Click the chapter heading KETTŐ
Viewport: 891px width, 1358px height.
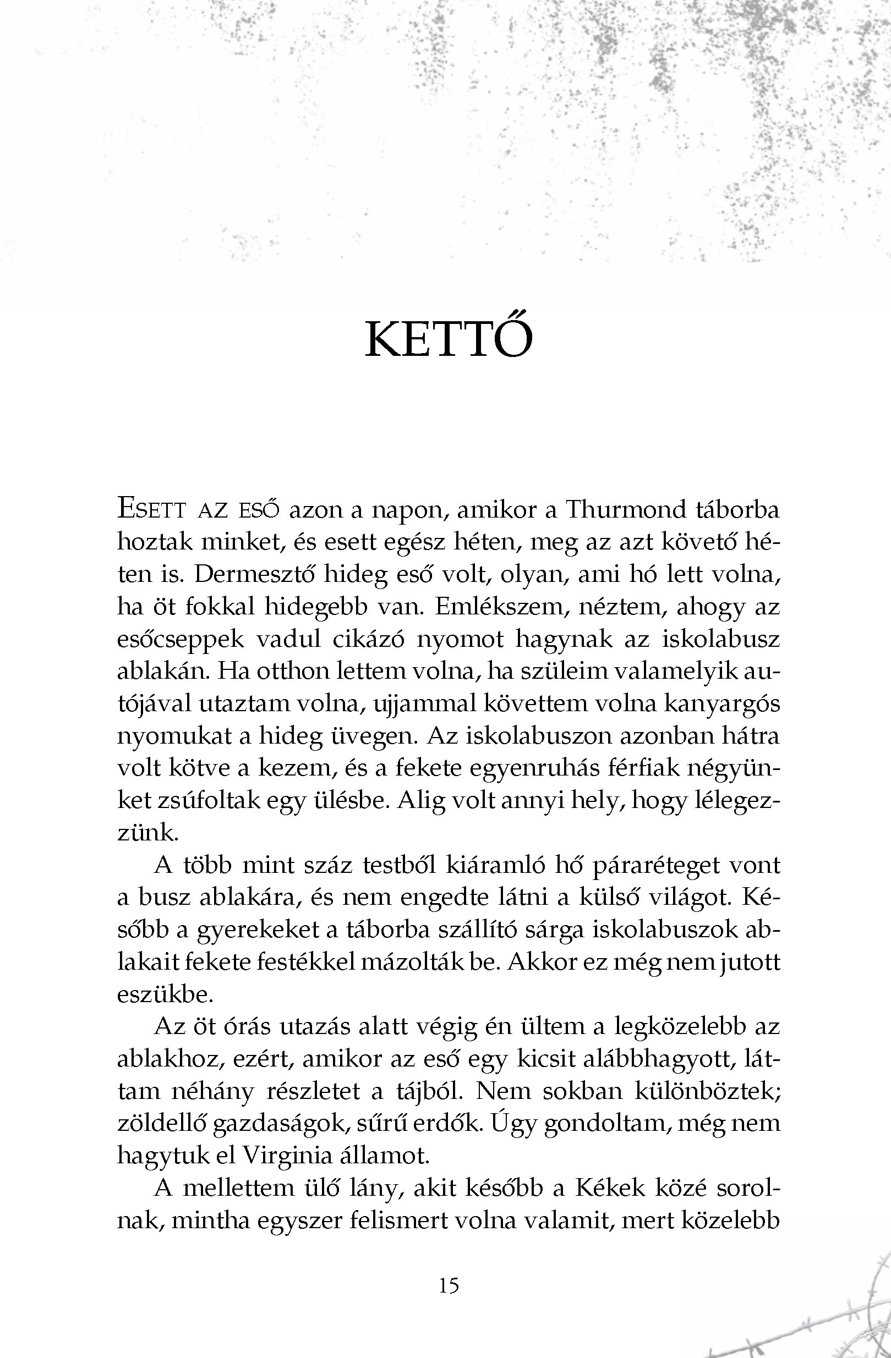pyautogui.click(x=449, y=339)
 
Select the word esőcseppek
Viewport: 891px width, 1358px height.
pyautogui.click(x=181, y=640)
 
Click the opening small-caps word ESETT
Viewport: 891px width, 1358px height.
pyautogui.click(x=151, y=509)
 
